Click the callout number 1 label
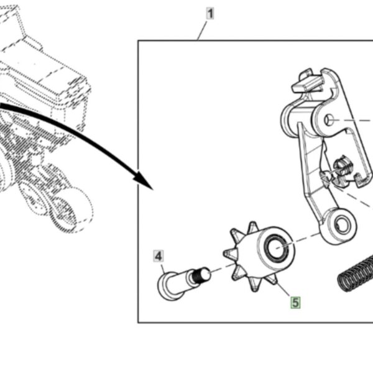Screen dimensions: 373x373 210,13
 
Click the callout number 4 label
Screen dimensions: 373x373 159,256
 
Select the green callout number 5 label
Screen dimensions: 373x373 295,303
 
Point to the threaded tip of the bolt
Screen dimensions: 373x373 201,275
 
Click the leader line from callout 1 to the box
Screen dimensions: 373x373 203,30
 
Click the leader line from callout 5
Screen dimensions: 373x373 283,289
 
